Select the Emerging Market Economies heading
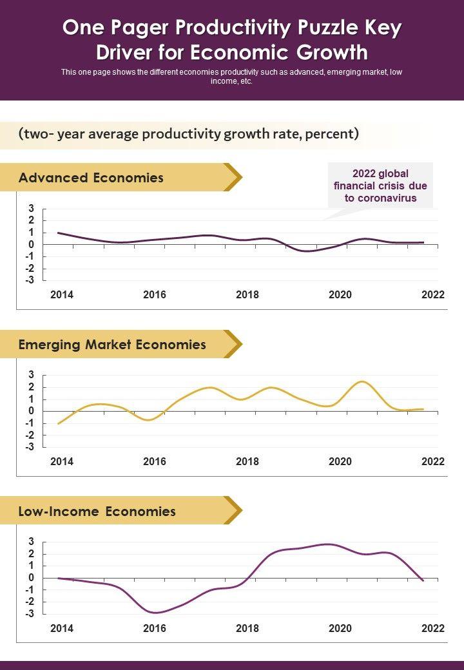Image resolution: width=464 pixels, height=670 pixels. coord(112,345)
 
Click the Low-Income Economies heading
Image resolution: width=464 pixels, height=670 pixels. coord(97,512)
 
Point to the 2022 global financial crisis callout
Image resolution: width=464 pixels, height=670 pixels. coord(380,186)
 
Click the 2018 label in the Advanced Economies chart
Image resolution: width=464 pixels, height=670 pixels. coord(247,295)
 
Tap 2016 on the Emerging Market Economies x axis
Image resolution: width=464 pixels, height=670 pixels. coord(155,461)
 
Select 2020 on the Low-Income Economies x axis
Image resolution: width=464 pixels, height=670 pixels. coord(340,628)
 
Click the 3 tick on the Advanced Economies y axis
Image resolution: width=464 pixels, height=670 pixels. coord(31,208)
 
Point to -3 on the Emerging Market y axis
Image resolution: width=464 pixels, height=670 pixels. coord(29,446)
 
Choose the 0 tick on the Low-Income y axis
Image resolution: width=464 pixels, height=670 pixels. coord(31,578)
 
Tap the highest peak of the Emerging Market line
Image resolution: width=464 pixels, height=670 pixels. coord(363,381)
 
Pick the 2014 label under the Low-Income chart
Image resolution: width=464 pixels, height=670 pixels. coord(62,628)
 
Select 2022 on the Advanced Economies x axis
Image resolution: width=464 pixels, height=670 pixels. coord(433,295)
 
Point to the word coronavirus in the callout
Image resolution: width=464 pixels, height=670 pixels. coord(380,198)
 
